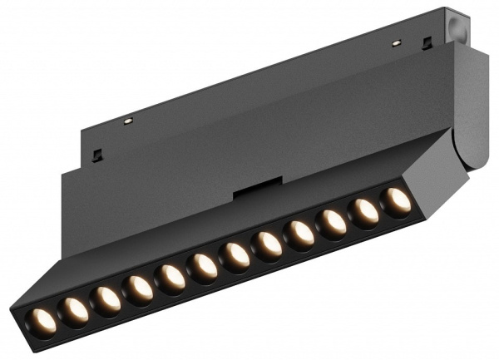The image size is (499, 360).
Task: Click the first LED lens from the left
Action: pos(42,319)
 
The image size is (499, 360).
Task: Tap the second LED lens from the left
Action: pos(74,309)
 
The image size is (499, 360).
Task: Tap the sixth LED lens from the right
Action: pos(235,256)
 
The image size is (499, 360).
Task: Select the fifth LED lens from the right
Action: pos(268,245)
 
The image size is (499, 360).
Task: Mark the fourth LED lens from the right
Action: pos(300,234)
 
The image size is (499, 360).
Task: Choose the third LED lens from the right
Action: pos(332,223)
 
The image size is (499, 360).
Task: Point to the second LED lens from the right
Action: pos(364,212)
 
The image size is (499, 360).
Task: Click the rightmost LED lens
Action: pos(397,201)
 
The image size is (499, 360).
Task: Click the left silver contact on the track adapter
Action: pos(128,121)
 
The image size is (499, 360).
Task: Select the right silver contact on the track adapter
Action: pos(397,42)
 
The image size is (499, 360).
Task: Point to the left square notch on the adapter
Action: pos(98,155)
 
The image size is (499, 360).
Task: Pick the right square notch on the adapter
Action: pos(427,42)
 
